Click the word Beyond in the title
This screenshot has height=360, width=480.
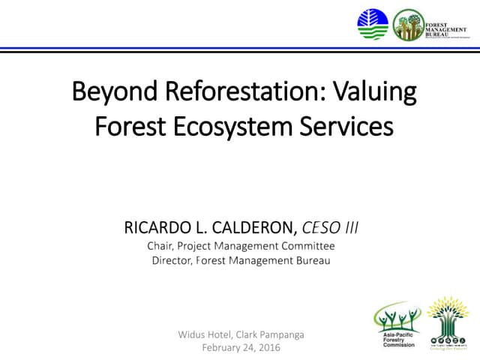coord(112,93)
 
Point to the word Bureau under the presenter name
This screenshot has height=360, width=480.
coord(312,260)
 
